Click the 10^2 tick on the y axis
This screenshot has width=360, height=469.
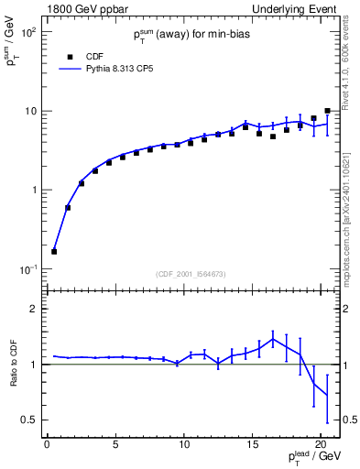[x=28, y=32]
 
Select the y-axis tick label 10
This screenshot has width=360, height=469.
[x=30, y=111]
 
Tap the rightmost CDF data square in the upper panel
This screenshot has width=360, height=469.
[x=327, y=111]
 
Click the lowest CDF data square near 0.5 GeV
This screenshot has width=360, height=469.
[x=54, y=251]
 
